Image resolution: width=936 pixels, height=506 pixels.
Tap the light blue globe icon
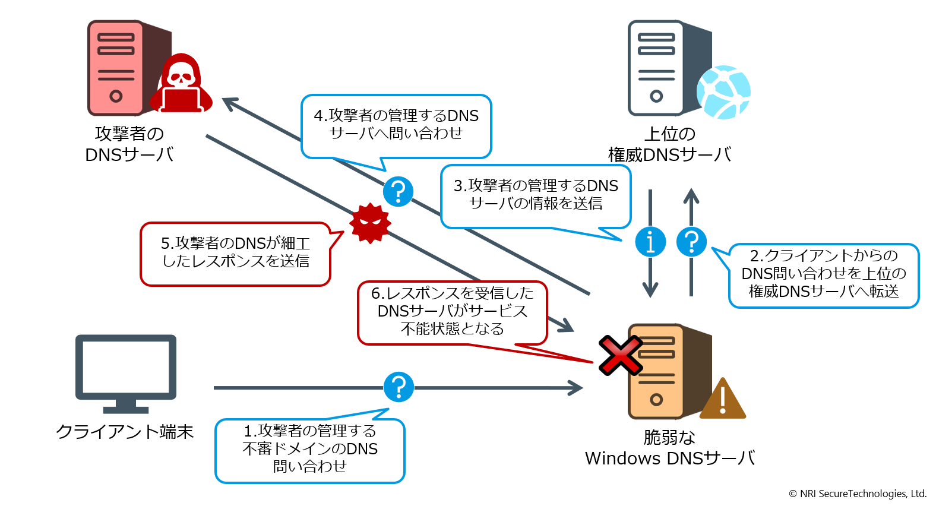723,93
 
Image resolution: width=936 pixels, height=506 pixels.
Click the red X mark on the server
620,355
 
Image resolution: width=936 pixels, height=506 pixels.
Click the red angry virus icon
371,223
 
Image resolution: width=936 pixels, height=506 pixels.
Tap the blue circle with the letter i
650,242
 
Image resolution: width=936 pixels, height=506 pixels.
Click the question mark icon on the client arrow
399,387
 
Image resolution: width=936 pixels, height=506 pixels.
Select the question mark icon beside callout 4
398,191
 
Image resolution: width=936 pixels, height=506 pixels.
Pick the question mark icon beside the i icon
691,242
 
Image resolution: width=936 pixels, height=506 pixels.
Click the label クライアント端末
125,432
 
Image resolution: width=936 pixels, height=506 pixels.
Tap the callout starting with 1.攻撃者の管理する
309,450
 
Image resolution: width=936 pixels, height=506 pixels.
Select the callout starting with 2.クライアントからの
823,274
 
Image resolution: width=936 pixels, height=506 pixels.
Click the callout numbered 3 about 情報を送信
535,196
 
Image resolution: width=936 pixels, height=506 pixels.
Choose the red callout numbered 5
235,254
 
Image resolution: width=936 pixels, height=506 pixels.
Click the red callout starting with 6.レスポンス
452,312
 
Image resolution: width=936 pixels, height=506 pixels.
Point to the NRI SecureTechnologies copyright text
857,494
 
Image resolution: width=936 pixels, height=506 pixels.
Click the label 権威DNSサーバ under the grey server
669,155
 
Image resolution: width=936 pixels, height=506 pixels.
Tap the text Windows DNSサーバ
669,458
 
